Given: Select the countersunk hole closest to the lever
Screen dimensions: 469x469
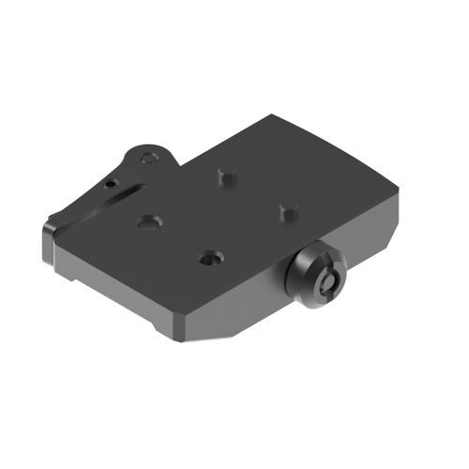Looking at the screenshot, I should point(147,221).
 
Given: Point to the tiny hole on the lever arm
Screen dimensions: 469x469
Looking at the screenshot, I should point(111,185).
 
